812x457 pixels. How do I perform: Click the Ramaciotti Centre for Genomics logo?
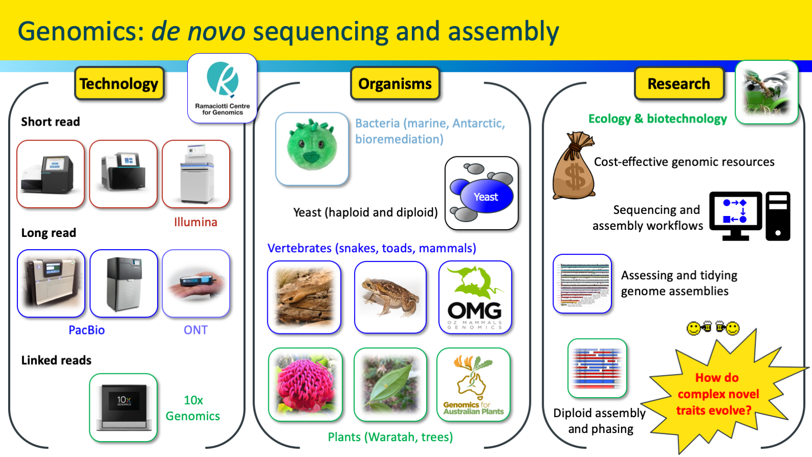(x=223, y=88)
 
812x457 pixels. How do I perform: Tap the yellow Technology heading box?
(x=119, y=83)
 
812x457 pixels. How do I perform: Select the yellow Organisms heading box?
(x=395, y=83)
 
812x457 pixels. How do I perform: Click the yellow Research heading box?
(x=678, y=83)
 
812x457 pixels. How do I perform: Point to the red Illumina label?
(x=195, y=222)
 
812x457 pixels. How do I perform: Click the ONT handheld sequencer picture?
(x=196, y=283)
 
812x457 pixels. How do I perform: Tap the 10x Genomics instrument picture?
(x=124, y=407)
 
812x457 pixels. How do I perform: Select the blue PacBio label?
(x=86, y=330)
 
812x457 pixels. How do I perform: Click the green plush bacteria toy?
(x=312, y=148)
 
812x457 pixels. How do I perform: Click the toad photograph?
(x=390, y=297)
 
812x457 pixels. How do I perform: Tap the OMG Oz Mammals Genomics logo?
(x=475, y=297)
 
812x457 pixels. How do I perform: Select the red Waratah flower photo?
(x=305, y=384)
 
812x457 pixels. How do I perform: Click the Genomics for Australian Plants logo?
(x=473, y=384)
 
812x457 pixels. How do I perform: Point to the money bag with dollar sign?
(x=574, y=167)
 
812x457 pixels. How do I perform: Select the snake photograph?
(x=304, y=297)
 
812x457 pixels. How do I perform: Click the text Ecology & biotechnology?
(x=657, y=118)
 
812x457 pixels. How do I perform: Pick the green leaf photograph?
(x=390, y=384)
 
